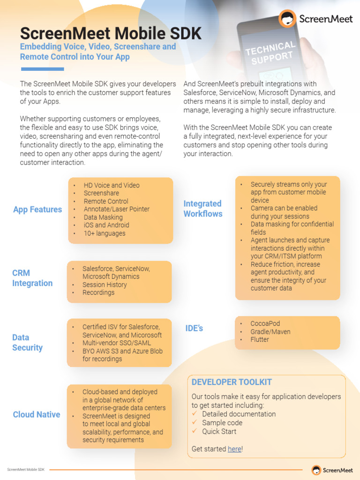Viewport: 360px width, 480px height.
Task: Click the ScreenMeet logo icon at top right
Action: click(x=287, y=19)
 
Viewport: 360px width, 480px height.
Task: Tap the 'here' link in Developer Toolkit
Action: click(x=234, y=449)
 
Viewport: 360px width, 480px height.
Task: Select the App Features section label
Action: click(x=37, y=210)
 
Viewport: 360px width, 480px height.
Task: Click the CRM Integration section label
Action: click(x=32, y=278)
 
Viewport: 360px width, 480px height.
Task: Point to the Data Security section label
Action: click(x=27, y=343)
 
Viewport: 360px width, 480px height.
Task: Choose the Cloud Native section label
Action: click(x=37, y=414)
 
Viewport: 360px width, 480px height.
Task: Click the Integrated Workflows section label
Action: click(x=202, y=209)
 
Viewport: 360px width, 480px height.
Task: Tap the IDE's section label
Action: click(x=194, y=329)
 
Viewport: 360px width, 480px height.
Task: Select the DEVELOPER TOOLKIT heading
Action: click(x=232, y=382)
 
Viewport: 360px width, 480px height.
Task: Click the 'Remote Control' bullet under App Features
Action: click(x=106, y=201)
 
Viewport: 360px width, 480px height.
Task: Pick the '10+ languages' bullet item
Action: click(x=105, y=233)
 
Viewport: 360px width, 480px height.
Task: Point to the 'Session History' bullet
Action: click(x=105, y=285)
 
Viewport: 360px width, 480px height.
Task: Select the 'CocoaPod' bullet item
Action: click(x=265, y=323)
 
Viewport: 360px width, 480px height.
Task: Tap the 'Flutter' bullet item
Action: click(x=260, y=339)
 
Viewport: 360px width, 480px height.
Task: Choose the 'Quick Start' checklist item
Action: click(x=219, y=431)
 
